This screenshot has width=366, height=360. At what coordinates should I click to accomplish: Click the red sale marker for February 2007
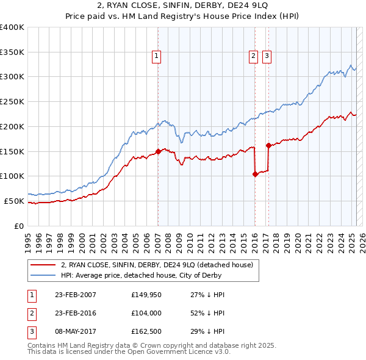tap(158, 151)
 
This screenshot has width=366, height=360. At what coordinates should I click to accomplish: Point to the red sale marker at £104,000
tap(254, 174)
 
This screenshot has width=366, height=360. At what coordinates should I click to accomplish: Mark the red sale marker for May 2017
tap(268, 145)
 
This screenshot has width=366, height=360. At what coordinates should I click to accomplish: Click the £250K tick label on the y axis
tap(12, 101)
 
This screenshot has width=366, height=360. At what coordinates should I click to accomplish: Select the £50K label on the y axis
tap(14, 201)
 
